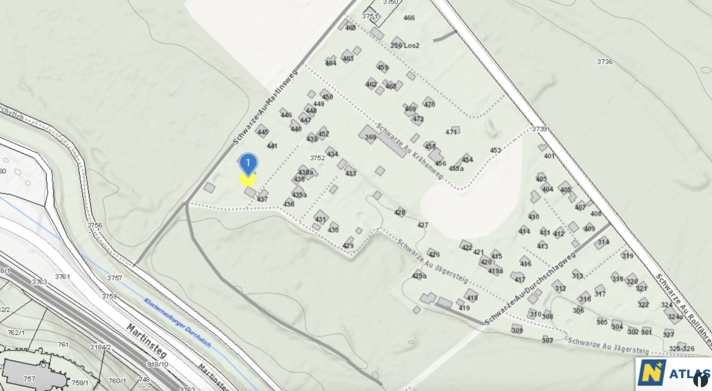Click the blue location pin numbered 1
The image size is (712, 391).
tap(248, 163)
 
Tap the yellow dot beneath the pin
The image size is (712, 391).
tap(247, 179)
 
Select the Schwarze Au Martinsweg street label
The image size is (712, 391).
tap(265, 108)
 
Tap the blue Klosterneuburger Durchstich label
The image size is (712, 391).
tap(177, 323)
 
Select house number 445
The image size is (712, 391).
tap(263, 132)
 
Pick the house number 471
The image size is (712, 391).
tap(451, 132)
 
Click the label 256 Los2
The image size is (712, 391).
tap(405, 45)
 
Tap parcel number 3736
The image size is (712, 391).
tap(604, 62)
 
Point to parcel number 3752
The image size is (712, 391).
tap(317, 158)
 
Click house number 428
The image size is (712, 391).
tap(399, 212)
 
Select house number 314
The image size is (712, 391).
tap(603, 242)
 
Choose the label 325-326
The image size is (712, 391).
tap(682, 349)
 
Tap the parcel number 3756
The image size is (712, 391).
tap(95, 225)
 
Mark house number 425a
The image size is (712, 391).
tap(419, 276)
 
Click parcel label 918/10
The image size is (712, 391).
tap(157, 364)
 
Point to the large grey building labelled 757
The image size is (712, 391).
tap(30, 375)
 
